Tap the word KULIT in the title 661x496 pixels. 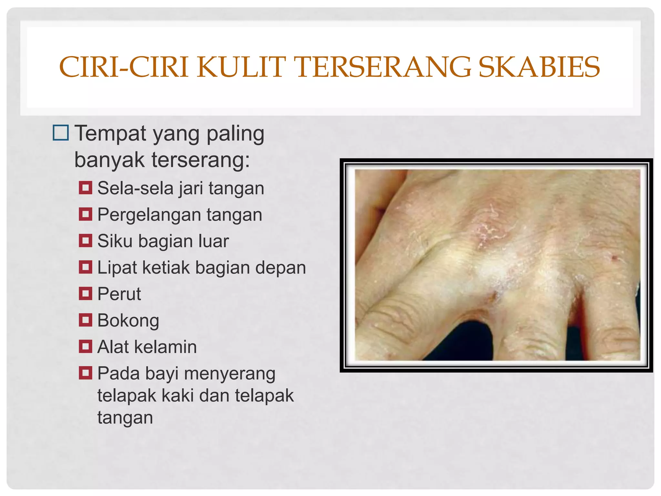241,67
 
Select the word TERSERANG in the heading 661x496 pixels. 384,67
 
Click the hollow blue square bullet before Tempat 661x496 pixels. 61,133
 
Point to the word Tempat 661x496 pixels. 110,133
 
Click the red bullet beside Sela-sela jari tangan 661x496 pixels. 86,188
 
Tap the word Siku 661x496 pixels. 115,241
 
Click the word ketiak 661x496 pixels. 166,267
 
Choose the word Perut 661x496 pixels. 119,294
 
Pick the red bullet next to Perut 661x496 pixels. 86,294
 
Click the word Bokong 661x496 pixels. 128,321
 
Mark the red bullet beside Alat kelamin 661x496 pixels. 86,346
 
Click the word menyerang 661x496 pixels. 230,374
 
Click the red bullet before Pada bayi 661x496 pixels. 86,373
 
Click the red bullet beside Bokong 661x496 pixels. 86,320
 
